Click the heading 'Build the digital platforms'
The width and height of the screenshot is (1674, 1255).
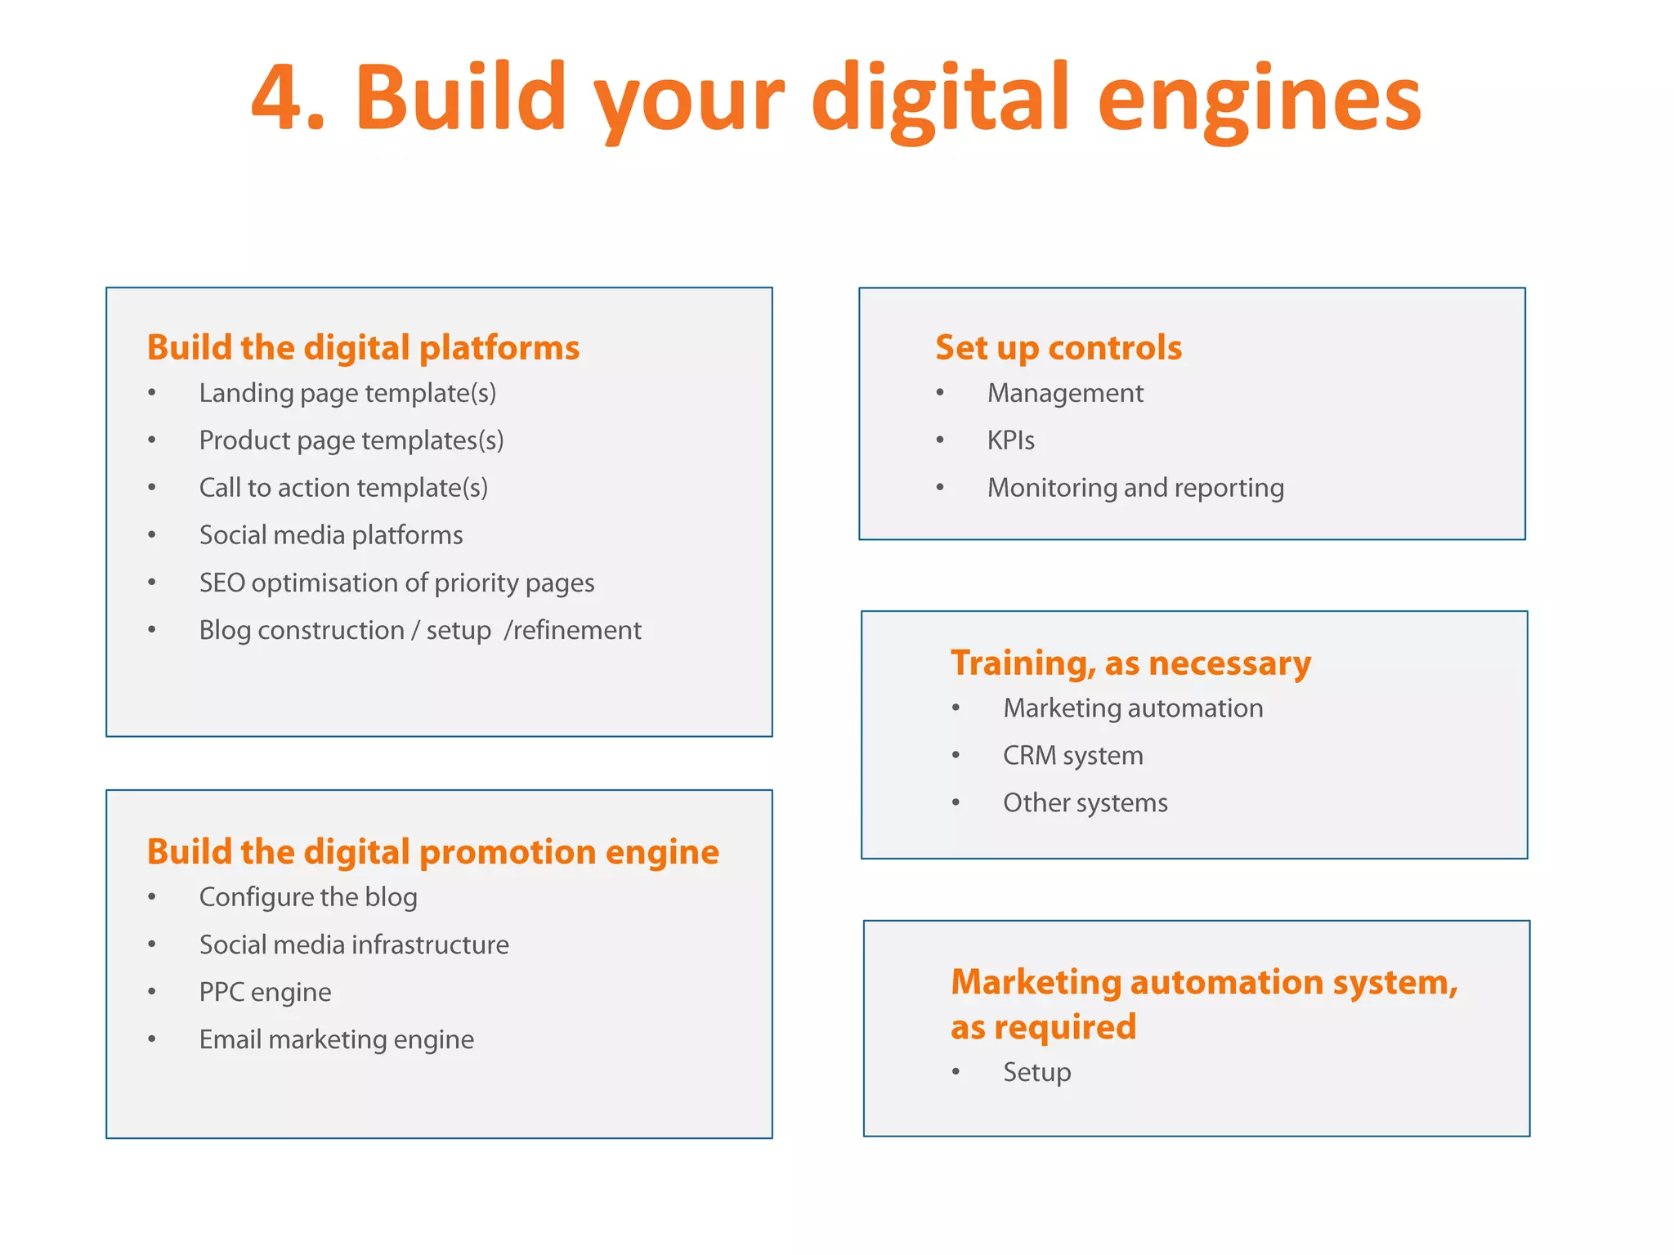tap(363, 347)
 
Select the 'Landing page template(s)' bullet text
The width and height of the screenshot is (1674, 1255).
tap(347, 393)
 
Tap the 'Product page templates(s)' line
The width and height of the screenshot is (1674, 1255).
tap(351, 440)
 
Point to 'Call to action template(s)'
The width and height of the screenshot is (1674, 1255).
tap(343, 488)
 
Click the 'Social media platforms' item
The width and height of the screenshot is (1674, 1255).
tap(331, 535)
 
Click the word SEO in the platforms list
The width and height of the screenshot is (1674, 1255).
tap(222, 583)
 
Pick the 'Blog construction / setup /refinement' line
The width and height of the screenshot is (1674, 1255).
tap(420, 630)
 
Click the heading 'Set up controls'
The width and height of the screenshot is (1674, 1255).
tap(1059, 347)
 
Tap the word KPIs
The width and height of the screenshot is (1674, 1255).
tap(1010, 440)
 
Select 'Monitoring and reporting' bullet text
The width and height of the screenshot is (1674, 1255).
tap(1135, 488)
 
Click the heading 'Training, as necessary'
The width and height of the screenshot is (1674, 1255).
tap(1130, 663)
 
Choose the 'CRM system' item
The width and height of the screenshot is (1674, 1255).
tap(1072, 756)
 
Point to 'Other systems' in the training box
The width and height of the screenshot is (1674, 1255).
tap(1085, 803)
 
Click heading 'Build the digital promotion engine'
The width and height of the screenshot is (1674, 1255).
tap(433, 851)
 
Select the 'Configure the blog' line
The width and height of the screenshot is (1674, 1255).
tap(308, 897)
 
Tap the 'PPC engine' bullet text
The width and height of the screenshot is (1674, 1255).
tap(265, 992)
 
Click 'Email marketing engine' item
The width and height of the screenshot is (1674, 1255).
tap(336, 1039)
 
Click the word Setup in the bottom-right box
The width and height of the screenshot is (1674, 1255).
tap(1036, 1072)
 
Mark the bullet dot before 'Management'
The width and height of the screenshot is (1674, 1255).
tap(940, 393)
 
